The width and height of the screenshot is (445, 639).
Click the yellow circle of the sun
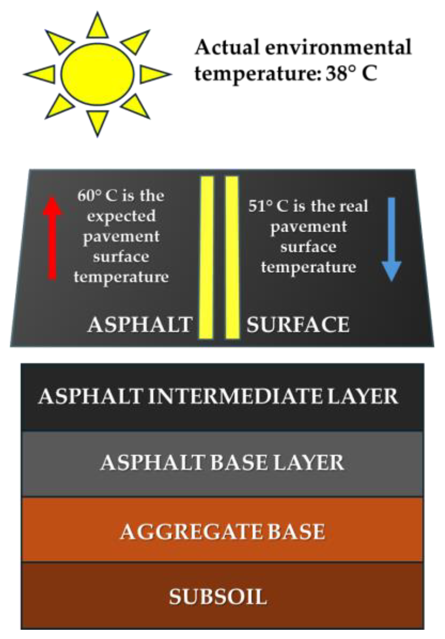click(97, 74)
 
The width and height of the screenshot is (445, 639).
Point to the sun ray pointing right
click(154, 75)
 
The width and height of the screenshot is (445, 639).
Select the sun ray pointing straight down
click(97, 121)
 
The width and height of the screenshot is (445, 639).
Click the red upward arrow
click(52, 238)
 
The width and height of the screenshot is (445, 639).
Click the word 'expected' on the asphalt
click(121, 216)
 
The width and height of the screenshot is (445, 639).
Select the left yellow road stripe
click(207, 257)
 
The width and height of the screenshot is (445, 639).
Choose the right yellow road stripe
click(232, 257)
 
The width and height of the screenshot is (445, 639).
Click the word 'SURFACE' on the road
click(298, 324)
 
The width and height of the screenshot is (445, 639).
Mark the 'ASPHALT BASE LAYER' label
click(222, 462)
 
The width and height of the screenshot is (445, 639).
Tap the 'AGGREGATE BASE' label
click(222, 531)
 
